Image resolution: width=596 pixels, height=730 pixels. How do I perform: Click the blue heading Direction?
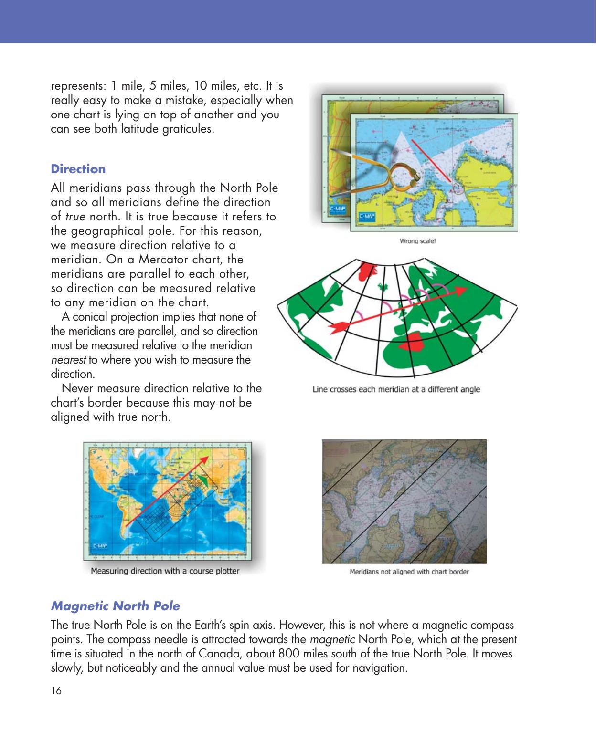click(78, 169)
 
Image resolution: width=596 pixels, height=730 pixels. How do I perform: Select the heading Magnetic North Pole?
click(115, 606)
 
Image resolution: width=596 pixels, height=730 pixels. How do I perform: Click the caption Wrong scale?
click(417, 241)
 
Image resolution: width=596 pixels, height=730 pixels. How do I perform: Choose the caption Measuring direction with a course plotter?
click(165, 571)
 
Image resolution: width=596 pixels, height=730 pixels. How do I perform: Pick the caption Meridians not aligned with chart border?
click(409, 572)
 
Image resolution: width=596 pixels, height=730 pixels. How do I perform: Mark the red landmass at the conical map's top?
click(367, 271)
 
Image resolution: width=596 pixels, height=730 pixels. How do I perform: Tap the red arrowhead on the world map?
click(204, 460)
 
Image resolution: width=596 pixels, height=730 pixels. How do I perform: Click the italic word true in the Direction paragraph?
click(75, 217)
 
